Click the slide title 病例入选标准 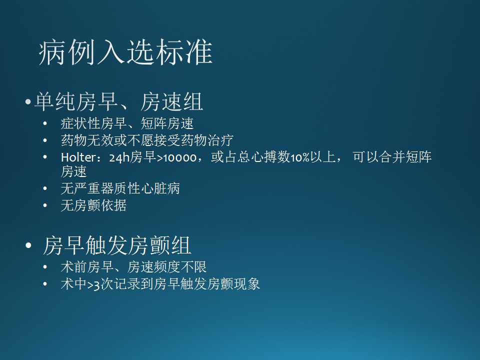[x=125, y=52]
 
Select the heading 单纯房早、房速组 [x=118, y=102]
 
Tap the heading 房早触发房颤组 [x=117, y=245]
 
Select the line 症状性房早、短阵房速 [x=127, y=123]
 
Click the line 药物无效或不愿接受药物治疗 [x=147, y=140]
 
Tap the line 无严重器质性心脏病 [x=120, y=188]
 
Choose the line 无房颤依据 [x=93, y=205]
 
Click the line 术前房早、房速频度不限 [x=133, y=267]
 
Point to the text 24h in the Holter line [x=119, y=157]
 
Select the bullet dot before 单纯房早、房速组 [x=28, y=103]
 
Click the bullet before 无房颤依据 [x=45, y=205]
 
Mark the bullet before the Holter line [x=45, y=157]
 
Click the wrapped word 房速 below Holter [x=73, y=172]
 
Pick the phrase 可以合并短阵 [x=392, y=157]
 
